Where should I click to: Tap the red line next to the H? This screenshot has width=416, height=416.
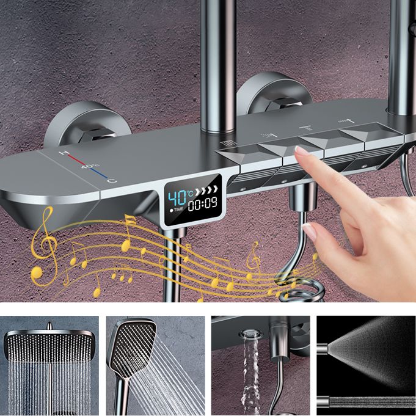pos(76,158)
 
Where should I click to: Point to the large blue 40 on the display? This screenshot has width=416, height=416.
pos(177,198)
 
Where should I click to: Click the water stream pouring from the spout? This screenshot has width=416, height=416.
pos(250,373)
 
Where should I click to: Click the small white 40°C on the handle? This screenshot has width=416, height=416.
pos(89,166)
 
